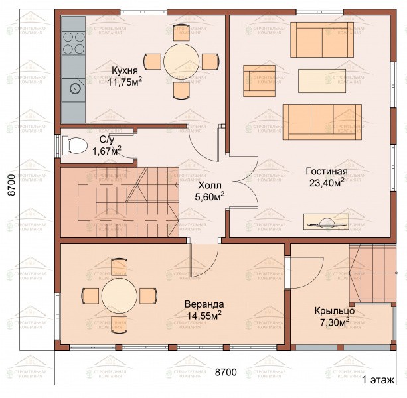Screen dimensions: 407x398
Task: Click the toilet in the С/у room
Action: click(x=75, y=145)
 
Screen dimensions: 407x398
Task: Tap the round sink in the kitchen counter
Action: click(x=75, y=89)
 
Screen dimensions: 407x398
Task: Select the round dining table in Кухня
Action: click(x=181, y=61)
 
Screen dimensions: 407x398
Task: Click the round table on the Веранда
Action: click(x=120, y=296)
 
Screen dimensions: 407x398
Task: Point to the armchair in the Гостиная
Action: click(x=259, y=81)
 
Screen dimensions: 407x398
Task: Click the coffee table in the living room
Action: click(x=322, y=81)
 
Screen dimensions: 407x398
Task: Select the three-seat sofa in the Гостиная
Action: click(x=322, y=122)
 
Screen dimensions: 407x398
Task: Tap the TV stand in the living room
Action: click(x=326, y=222)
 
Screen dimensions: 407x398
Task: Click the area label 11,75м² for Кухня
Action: click(x=125, y=82)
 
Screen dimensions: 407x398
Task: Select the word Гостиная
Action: click(x=327, y=172)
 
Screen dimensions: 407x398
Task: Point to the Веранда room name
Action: click(x=204, y=304)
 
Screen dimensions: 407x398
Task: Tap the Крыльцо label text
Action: click(x=335, y=311)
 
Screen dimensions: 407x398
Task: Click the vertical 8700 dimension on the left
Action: click(x=11, y=185)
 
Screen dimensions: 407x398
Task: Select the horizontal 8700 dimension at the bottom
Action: click(x=226, y=372)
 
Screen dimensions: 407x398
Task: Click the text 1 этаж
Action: click(x=378, y=380)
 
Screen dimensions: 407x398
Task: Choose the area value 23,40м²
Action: click(x=327, y=183)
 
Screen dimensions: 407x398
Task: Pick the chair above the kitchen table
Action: click(x=181, y=33)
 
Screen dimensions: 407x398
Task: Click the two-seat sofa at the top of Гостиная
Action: click(x=322, y=40)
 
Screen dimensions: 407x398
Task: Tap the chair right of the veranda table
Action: click(x=148, y=296)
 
